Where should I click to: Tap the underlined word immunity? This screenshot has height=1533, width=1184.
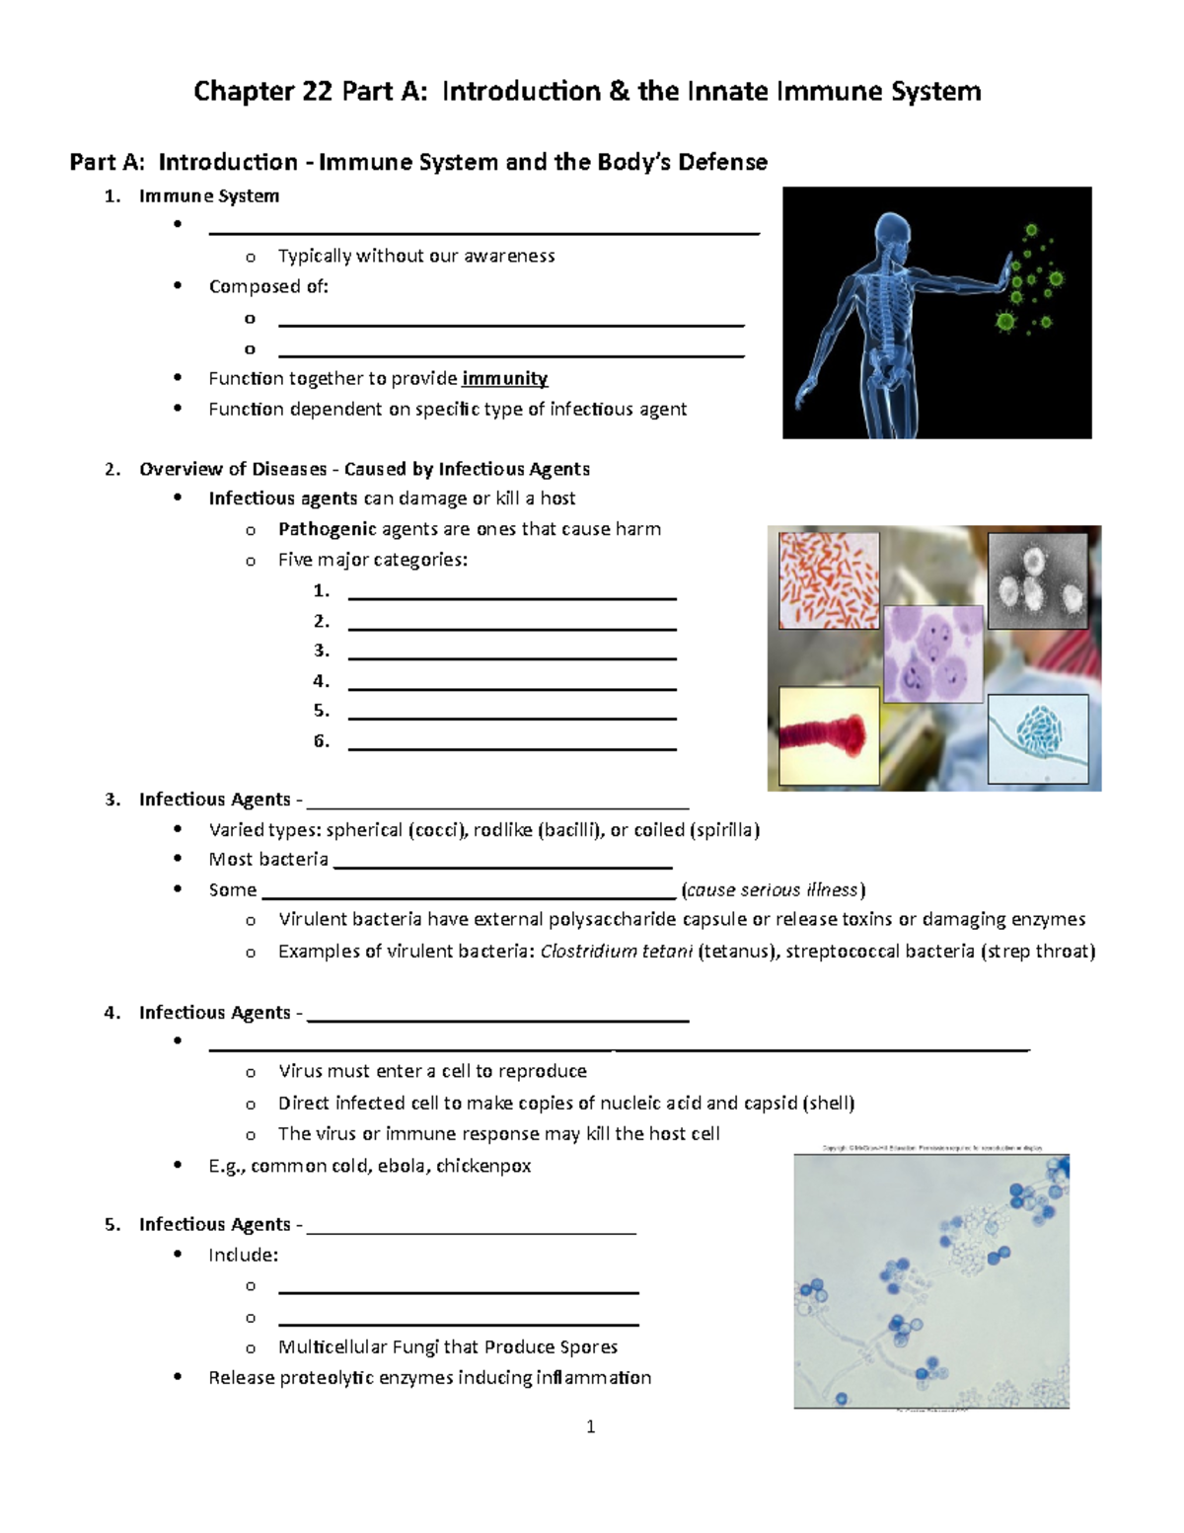[x=504, y=379]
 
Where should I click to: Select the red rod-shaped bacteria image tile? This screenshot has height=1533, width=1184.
[x=829, y=580]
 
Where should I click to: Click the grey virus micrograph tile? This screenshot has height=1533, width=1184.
[x=1038, y=580]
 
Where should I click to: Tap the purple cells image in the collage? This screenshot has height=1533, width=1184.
[x=933, y=653]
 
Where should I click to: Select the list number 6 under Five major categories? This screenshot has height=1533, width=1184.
[x=321, y=741]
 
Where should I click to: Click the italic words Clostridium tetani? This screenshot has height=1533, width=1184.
[x=616, y=952]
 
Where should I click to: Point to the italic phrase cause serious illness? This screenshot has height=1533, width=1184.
[x=773, y=890]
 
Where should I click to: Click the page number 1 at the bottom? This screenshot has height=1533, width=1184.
[x=590, y=1426]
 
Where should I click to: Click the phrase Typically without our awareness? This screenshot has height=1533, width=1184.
[x=416, y=257]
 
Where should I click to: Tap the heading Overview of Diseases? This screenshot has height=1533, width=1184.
[x=233, y=469]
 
